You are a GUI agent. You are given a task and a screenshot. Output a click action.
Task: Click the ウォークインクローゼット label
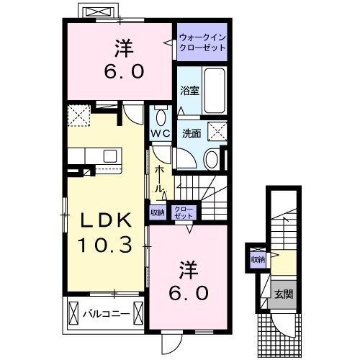[x=202, y=42]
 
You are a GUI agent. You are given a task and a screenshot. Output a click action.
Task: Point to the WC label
[x=160, y=134]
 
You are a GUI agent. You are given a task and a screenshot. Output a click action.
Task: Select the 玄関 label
[x=283, y=294]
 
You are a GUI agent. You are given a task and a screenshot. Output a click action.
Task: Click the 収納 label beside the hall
[x=157, y=212]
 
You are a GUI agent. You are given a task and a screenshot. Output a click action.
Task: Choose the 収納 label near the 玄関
[x=257, y=259]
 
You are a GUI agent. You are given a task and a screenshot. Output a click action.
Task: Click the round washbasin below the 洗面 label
[x=211, y=158]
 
